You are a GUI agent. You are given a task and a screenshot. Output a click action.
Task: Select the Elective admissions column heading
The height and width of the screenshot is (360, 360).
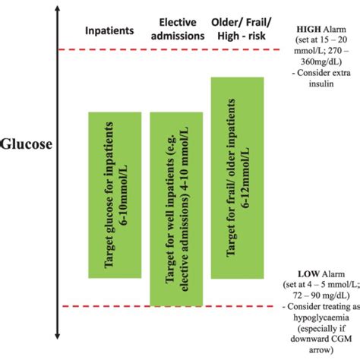coord(182,29)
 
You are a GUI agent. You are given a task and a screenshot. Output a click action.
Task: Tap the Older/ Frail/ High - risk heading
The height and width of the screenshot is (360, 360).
coord(243,29)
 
